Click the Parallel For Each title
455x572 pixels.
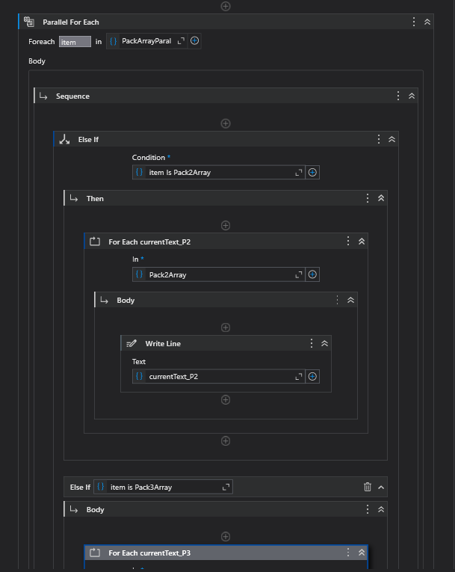click(70, 22)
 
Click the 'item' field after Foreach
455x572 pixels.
click(75, 42)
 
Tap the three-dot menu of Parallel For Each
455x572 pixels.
click(414, 22)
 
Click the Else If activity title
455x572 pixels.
click(88, 139)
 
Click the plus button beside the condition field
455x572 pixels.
click(313, 172)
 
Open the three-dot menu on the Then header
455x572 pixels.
click(367, 198)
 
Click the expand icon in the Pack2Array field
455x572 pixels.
click(299, 274)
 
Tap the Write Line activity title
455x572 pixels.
click(163, 343)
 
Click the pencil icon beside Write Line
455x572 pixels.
click(132, 343)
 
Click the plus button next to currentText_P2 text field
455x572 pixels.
click(313, 376)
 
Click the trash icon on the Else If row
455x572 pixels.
click(367, 487)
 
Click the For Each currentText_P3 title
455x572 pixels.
click(149, 553)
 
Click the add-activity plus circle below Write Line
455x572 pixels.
click(226, 400)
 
